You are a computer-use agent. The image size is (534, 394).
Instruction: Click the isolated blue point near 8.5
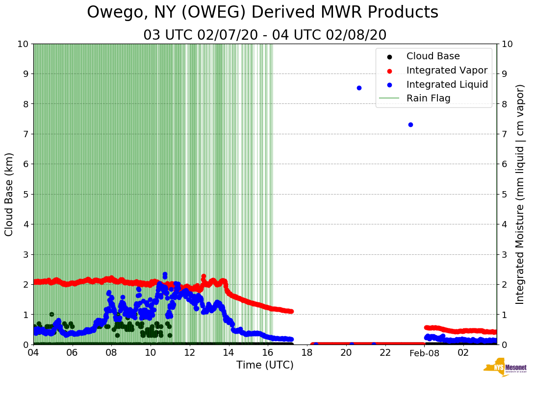[x=359, y=88]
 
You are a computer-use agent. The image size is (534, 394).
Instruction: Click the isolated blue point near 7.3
[x=410, y=124]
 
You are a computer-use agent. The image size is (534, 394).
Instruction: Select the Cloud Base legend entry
[x=433, y=56]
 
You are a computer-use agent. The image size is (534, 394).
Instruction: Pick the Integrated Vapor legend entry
[x=447, y=70]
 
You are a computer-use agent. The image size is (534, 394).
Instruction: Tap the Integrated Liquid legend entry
[x=447, y=84]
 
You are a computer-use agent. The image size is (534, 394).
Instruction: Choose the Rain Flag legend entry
[x=428, y=98]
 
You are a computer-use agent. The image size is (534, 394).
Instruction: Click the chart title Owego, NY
[x=262, y=13]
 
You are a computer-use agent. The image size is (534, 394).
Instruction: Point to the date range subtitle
[x=265, y=35]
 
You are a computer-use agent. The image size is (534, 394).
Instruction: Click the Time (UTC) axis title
[x=265, y=365]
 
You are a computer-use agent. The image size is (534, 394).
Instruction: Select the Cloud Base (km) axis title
[x=9, y=194]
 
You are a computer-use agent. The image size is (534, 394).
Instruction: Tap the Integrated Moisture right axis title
[x=520, y=194]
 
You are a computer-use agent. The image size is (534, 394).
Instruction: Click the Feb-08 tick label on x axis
[x=425, y=353]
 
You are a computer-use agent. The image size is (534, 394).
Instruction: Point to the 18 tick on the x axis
[x=307, y=353]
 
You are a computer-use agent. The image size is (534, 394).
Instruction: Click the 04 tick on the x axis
[x=33, y=353]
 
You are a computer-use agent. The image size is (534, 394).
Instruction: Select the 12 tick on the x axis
[x=190, y=353]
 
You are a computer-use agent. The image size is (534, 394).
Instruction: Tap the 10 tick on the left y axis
[x=23, y=44]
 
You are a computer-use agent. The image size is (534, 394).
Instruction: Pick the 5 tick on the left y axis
[x=25, y=194]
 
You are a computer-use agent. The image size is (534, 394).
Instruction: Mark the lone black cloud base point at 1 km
[x=51, y=314]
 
